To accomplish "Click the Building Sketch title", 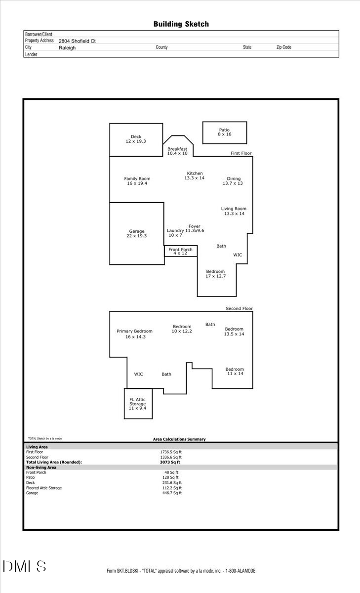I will tap(181, 24).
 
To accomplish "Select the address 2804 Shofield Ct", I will tap(77, 41).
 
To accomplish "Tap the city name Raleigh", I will tap(67, 48).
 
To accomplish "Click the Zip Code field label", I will tap(283, 47).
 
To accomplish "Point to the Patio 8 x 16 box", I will tap(225, 132).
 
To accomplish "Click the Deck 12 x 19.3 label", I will tap(136, 139).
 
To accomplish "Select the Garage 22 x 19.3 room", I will tap(137, 233).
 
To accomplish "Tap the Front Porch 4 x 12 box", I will tap(180, 251).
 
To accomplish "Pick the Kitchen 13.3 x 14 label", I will tap(195, 175).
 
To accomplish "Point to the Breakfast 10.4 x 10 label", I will tap(177, 151).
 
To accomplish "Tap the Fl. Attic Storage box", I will tap(138, 404).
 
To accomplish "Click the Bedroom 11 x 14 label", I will tap(235, 371).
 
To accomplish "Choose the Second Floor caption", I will tap(239, 308).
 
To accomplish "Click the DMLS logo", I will tap(25, 566).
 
